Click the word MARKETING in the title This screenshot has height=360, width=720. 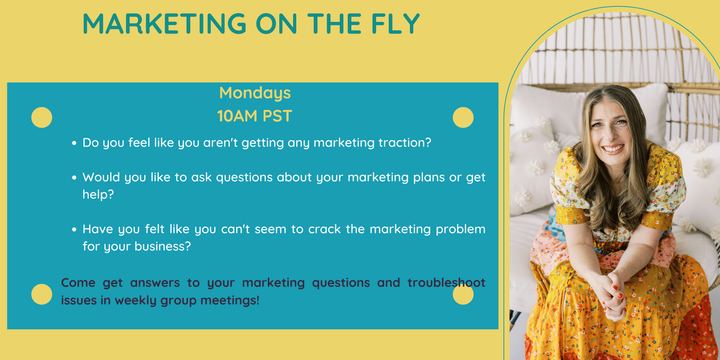(164, 24)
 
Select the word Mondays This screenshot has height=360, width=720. (255, 93)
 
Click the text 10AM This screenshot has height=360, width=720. (237, 116)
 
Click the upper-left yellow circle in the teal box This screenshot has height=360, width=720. (42, 117)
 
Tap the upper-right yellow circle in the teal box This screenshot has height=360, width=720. (463, 117)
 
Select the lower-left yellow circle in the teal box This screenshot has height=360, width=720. (42, 294)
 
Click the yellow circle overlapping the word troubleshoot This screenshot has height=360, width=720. (463, 294)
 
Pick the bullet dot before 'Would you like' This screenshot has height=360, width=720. (74, 177)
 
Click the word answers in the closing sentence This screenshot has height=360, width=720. (155, 283)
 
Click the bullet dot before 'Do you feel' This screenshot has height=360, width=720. (74, 143)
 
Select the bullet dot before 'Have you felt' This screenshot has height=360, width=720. (74, 229)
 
